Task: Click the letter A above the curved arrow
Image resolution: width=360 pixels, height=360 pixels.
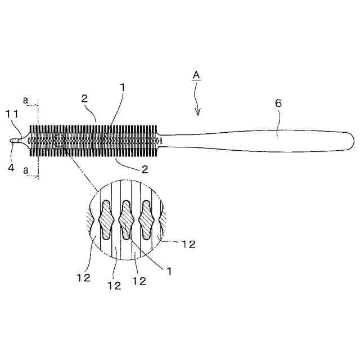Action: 196,74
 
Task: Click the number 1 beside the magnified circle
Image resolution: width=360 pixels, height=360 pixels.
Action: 166,269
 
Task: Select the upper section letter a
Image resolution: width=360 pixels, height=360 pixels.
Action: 26,100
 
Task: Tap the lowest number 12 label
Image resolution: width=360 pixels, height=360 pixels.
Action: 114,285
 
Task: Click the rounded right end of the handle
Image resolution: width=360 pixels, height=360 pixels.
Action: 351,138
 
